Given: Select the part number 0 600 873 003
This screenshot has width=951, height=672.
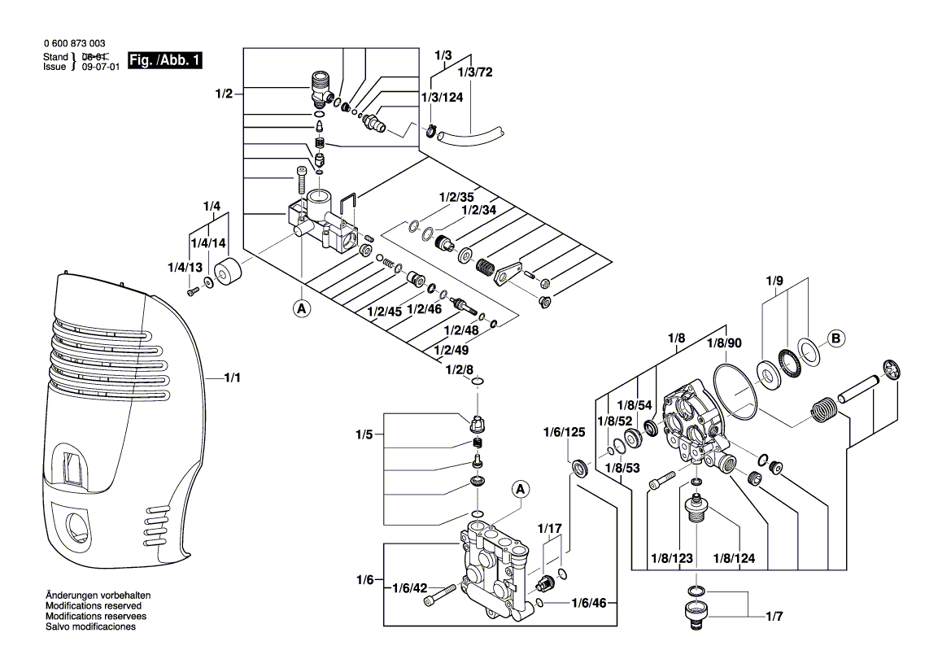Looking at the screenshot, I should pyautogui.click(x=73, y=43).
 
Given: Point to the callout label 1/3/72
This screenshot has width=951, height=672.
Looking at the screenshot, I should pyautogui.click(x=475, y=72).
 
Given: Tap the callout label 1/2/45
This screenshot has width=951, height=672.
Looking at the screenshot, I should pyautogui.click(x=384, y=312).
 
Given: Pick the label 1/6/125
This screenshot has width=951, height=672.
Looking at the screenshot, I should pyautogui.click(x=564, y=432).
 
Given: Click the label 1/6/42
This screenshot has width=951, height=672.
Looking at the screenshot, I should pyautogui.click(x=410, y=588).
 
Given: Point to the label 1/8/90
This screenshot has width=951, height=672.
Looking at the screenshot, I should pyautogui.click(x=722, y=344).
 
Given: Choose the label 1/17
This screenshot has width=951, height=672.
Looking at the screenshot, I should pyautogui.click(x=551, y=529).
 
